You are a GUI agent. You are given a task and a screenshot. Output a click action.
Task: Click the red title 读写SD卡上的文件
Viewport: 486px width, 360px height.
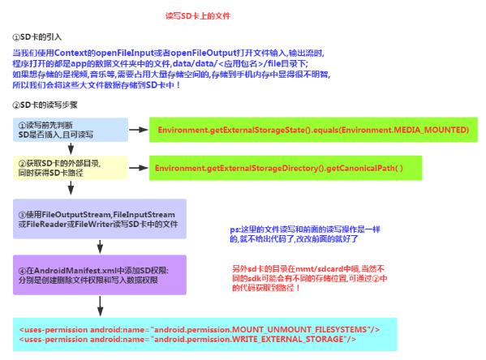tap(198, 15)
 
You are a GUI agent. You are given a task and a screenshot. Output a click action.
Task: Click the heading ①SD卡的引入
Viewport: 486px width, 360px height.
tap(37, 37)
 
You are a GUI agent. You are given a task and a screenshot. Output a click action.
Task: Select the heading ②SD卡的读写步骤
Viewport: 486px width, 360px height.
tap(45, 105)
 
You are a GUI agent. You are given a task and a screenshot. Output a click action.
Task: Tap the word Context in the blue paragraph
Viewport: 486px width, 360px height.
tap(71, 53)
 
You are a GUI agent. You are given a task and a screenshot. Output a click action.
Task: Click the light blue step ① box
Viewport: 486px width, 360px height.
tap(71, 130)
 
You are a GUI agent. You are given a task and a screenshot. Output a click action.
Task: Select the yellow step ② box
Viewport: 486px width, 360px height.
tap(71, 168)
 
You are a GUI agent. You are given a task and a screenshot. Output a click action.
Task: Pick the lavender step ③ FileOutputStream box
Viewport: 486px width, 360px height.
tap(100, 219)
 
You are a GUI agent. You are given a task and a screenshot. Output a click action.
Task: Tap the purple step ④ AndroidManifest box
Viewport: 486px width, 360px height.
tap(100, 275)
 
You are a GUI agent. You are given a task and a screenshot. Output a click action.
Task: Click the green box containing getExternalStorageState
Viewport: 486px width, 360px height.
tap(313, 130)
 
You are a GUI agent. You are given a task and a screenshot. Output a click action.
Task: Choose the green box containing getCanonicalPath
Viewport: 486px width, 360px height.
tap(286, 168)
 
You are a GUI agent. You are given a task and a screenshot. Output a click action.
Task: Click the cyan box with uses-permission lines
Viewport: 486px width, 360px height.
tap(205, 334)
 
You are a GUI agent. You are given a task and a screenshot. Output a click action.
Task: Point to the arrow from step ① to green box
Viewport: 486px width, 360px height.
tap(139, 130)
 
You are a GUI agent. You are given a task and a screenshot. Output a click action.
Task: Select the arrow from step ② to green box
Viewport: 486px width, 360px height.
tap(139, 168)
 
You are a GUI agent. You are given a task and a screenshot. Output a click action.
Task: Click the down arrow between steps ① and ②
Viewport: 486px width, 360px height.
tap(71, 148)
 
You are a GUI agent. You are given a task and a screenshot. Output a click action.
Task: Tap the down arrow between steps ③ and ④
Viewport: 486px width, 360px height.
tap(100, 246)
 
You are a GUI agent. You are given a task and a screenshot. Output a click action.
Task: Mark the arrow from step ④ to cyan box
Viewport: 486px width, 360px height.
tap(100, 306)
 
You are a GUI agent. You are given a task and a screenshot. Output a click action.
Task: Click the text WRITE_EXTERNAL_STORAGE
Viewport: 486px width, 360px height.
tap(288, 340)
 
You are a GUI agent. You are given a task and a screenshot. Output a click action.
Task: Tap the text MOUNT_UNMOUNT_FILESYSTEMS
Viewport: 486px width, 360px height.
tap(299, 330)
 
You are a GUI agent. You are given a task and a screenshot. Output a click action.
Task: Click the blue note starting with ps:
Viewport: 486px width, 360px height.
tap(305, 234)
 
